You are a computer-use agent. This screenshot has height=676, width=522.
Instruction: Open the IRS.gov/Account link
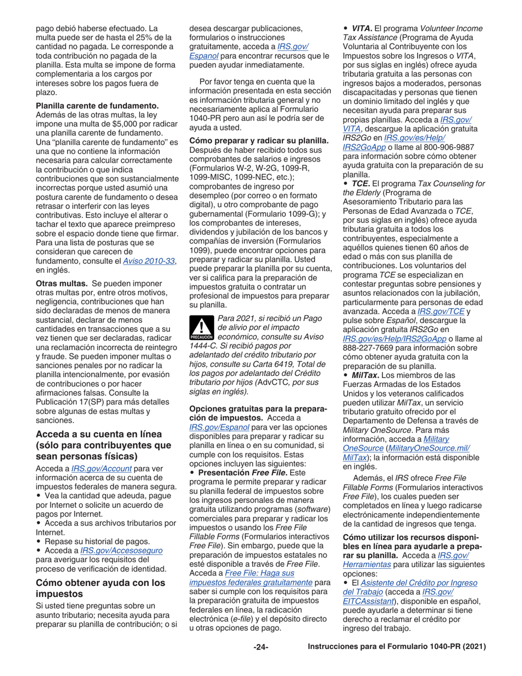(101, 468)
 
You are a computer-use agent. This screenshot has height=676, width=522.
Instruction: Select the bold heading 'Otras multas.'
(62, 282)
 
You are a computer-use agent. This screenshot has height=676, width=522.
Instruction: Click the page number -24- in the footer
(261, 647)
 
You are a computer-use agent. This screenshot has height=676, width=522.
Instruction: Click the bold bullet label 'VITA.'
(361, 28)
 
